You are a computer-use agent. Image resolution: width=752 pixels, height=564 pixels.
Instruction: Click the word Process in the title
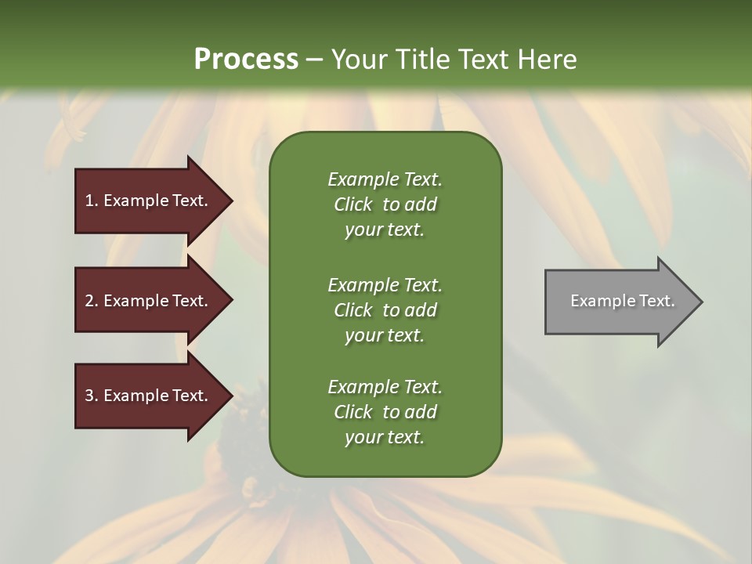(x=246, y=59)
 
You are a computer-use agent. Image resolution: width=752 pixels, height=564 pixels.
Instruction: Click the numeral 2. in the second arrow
(x=92, y=301)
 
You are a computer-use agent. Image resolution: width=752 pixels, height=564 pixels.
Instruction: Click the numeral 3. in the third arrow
(x=92, y=396)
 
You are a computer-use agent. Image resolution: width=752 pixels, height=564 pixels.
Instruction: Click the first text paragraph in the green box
(x=385, y=204)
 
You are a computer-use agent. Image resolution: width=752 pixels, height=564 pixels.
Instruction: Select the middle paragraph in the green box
(x=385, y=310)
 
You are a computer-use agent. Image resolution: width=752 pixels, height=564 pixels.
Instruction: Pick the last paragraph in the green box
(x=385, y=412)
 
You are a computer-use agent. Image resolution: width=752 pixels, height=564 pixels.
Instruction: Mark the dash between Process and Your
(x=314, y=60)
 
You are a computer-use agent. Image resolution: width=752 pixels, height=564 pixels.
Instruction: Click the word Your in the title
(x=359, y=59)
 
